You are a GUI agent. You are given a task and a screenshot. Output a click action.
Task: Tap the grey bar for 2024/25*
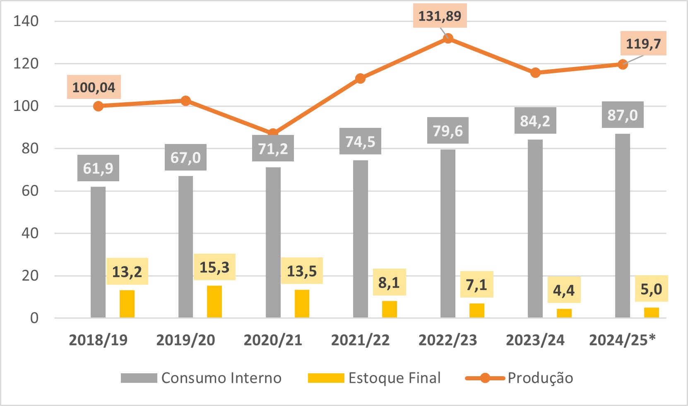point(623,226)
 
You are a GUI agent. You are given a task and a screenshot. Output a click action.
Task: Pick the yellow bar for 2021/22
point(389,309)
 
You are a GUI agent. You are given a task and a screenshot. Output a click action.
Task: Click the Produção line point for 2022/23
point(448,38)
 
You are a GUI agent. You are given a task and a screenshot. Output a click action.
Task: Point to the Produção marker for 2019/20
point(186,101)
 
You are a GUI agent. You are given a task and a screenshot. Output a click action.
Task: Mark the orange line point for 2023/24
point(535,73)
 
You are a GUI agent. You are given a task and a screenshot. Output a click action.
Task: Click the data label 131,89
point(440,16)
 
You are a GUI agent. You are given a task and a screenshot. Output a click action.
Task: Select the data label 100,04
point(94,87)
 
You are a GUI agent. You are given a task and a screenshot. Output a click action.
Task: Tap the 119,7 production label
point(643,43)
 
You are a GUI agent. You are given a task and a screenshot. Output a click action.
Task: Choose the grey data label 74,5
point(360,142)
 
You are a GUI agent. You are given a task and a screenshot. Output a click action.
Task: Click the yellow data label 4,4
point(564,290)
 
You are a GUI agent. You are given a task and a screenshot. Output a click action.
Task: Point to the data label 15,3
point(214,267)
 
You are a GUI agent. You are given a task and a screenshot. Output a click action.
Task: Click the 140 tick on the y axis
point(26,21)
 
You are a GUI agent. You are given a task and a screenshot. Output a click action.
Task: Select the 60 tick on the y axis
point(30,191)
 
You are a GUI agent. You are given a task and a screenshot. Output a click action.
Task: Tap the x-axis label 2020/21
point(273,340)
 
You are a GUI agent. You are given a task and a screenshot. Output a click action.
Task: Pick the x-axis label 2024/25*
point(622,340)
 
